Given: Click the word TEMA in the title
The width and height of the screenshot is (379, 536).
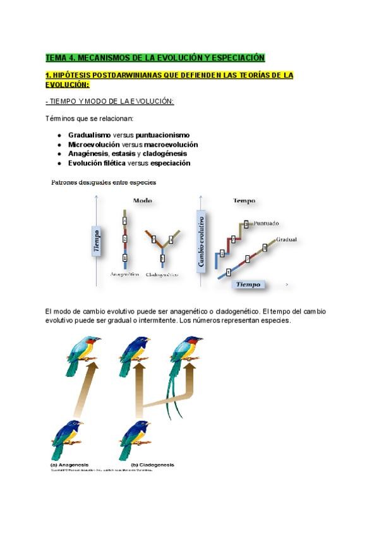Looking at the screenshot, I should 56,58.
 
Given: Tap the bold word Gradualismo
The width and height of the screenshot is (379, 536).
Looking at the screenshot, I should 89,135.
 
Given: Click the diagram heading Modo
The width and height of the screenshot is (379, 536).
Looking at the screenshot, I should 142,201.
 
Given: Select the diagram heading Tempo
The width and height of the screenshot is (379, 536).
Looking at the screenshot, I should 244,201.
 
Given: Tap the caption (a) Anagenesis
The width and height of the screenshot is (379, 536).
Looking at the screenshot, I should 69,465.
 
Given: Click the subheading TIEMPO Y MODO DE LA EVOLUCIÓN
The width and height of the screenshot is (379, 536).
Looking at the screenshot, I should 110,102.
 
